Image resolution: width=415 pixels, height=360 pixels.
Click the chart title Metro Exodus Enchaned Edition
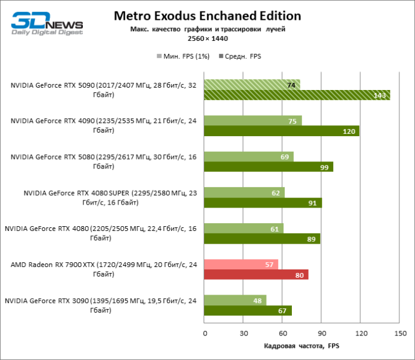(207, 16)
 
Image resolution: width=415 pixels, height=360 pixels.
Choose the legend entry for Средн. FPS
(243, 56)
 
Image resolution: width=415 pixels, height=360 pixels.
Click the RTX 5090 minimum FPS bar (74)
(252, 85)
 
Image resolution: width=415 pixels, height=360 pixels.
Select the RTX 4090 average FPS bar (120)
(282, 131)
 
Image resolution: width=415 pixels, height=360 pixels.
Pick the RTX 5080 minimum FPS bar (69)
(249, 157)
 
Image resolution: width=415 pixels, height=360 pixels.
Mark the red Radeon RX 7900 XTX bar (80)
(256, 275)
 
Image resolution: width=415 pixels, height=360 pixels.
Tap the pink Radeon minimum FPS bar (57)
(241, 265)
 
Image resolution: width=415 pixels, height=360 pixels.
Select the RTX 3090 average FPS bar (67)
(247, 311)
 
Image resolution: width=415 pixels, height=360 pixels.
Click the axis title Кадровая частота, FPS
(302, 346)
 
